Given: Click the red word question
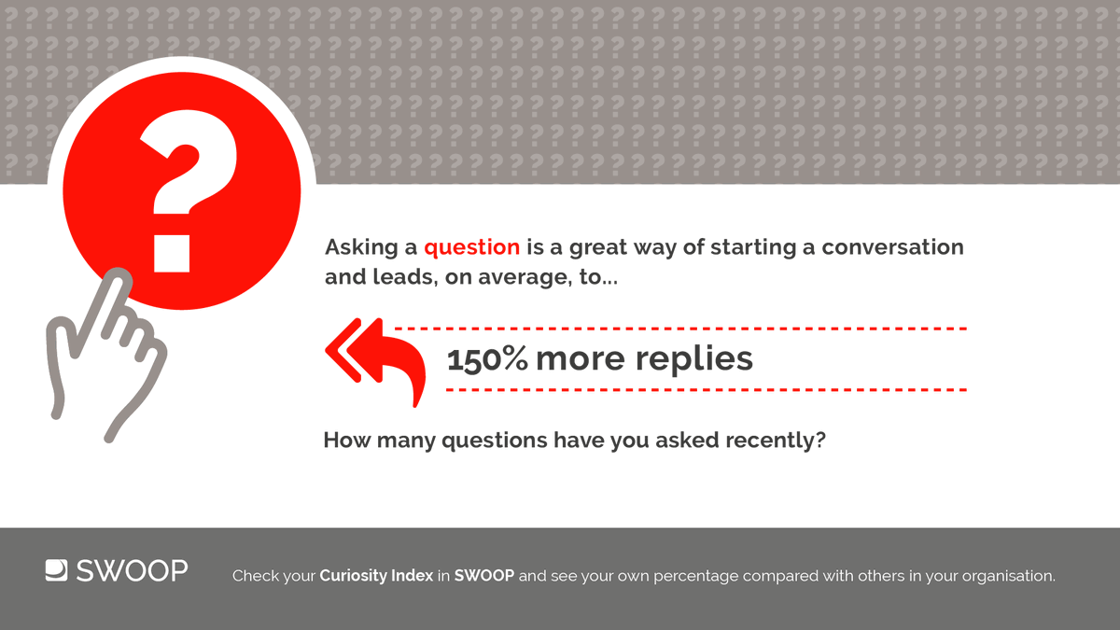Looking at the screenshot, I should (471, 248).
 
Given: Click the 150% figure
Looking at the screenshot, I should (487, 359).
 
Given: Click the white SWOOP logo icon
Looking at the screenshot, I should (56, 570).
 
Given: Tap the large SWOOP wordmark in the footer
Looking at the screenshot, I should (131, 570).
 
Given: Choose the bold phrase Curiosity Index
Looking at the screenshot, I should (376, 576).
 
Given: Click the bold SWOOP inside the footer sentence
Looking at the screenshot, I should (483, 576).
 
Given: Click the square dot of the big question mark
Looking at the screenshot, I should (172, 251).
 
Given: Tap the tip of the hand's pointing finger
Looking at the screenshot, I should (119, 275).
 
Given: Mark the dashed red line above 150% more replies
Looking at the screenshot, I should (681, 329).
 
